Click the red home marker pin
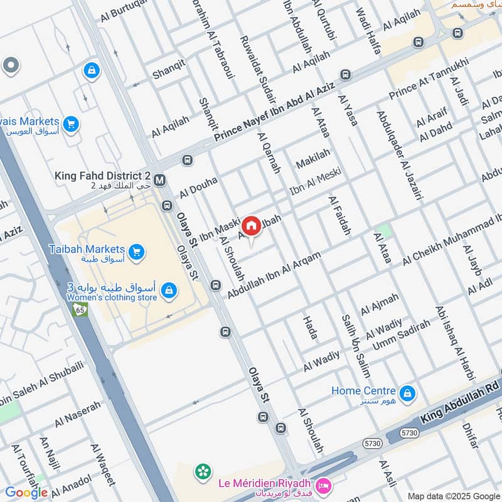point(251,225)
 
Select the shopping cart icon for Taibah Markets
point(137,252)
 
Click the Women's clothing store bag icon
point(168,291)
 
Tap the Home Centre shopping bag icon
point(408,393)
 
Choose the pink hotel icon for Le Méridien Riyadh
point(323,485)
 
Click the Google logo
point(26,493)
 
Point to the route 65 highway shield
point(80,310)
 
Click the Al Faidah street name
point(339,215)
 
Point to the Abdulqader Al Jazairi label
point(398,156)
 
